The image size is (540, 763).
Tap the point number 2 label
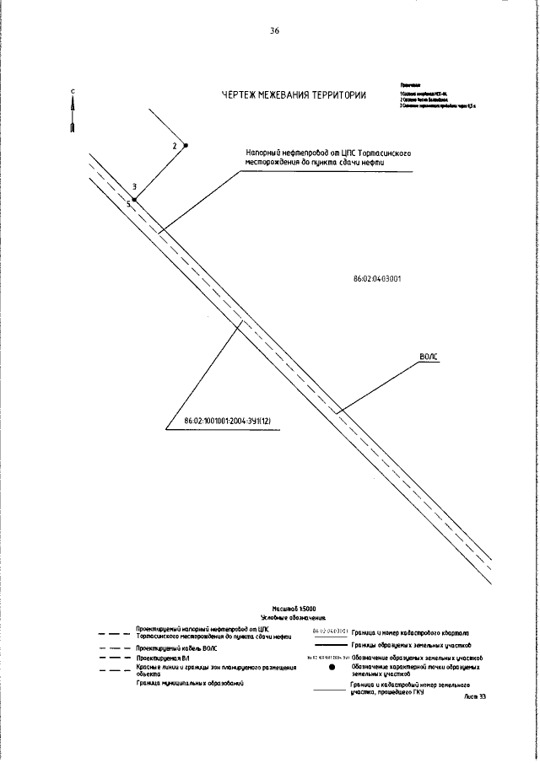174,147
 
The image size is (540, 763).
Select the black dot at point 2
186,145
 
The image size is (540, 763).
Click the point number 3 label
135,186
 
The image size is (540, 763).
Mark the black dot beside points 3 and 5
134,199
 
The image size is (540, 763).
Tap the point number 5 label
128,204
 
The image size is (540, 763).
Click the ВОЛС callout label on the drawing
429,358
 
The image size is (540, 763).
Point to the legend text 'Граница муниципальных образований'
189,684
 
